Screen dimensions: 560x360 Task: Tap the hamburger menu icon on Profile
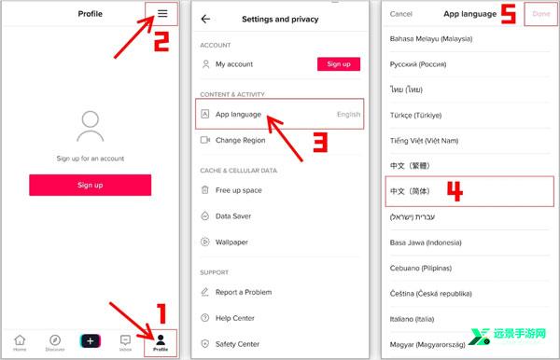(162, 14)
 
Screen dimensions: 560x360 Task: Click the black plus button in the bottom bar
(91, 340)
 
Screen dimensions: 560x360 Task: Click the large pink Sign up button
(91, 185)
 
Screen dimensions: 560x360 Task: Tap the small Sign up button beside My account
(339, 64)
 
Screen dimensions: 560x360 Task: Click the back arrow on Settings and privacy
(205, 19)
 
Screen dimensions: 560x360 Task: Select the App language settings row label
(238, 115)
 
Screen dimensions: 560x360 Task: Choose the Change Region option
(241, 140)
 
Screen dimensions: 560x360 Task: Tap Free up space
(239, 190)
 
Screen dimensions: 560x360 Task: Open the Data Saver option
(233, 216)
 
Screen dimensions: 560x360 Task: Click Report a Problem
(244, 292)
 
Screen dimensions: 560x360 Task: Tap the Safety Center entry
(237, 344)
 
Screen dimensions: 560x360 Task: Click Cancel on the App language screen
(401, 14)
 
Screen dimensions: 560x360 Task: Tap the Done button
(541, 14)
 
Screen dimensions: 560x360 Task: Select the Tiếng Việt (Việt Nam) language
(424, 141)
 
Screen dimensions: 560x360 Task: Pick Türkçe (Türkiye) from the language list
(415, 116)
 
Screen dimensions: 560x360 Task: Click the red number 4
(455, 191)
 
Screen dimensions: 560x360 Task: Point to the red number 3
(320, 142)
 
